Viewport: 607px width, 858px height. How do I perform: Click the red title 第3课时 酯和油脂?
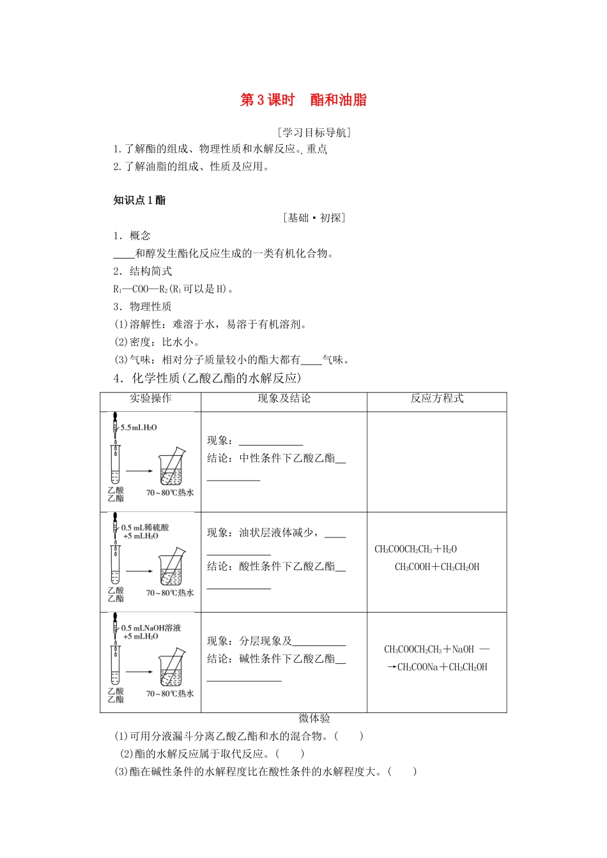click(303, 100)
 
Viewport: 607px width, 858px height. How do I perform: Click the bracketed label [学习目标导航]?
click(314, 133)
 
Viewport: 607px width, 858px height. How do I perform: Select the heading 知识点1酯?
click(139, 200)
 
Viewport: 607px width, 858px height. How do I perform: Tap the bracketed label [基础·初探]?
click(314, 218)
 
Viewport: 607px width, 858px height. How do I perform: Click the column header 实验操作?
click(150, 398)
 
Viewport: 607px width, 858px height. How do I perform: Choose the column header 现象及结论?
click(284, 398)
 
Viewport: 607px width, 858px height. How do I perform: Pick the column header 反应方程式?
click(437, 398)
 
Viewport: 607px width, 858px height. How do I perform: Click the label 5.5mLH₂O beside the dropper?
click(139, 427)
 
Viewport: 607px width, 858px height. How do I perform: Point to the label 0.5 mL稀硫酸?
click(145, 527)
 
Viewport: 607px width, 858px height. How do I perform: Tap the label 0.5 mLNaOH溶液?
click(151, 628)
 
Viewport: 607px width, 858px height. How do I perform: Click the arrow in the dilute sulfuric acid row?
click(139, 571)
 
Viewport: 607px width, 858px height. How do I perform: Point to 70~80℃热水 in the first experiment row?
click(169, 493)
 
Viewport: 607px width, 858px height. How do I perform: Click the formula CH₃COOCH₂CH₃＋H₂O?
click(415, 549)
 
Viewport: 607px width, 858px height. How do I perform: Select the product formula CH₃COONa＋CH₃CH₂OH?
click(442, 667)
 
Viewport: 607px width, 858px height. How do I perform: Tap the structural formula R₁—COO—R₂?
click(141, 289)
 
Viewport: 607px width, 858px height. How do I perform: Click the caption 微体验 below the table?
click(314, 718)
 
